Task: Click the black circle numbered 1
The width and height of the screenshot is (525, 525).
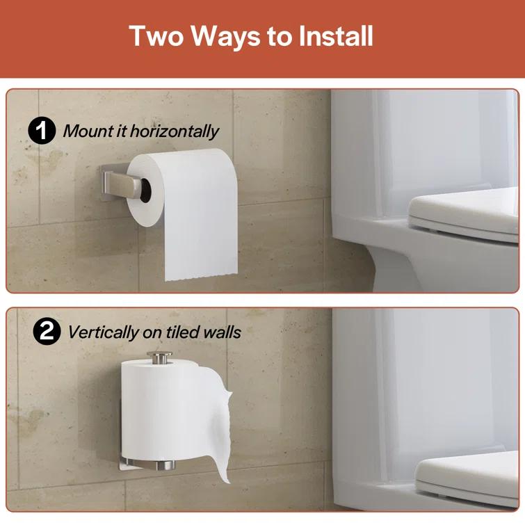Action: (42, 131)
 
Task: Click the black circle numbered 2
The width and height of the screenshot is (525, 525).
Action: (47, 332)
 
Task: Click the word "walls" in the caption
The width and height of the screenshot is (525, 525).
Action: (223, 332)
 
